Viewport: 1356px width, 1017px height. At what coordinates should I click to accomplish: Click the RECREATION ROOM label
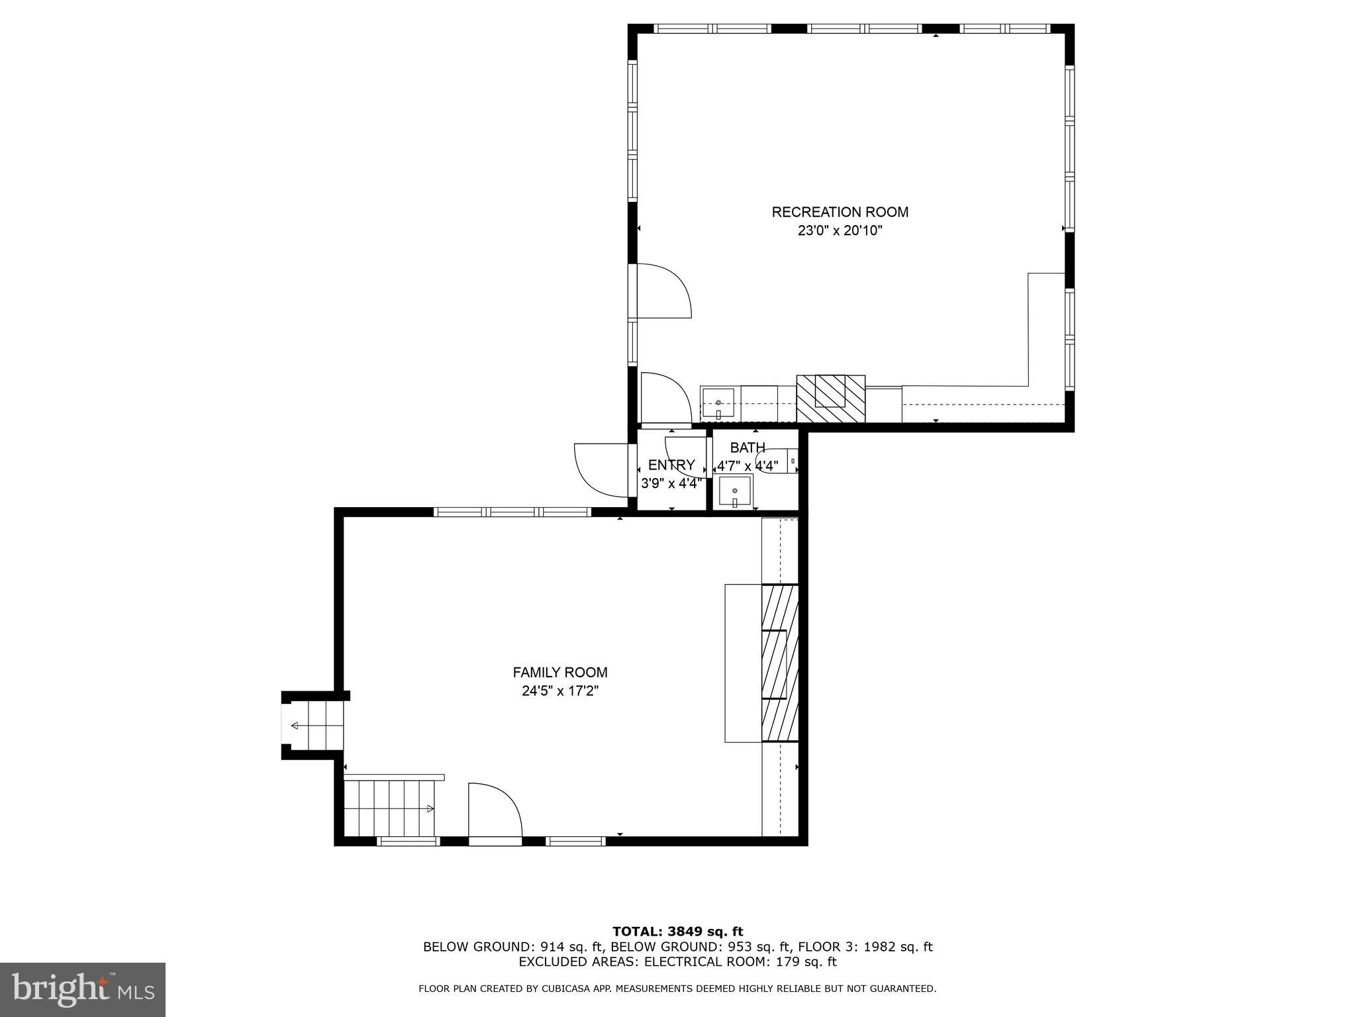(x=840, y=212)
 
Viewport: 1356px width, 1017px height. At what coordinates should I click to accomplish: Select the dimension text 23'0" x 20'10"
(x=840, y=231)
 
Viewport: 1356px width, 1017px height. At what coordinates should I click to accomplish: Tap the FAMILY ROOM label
(x=560, y=672)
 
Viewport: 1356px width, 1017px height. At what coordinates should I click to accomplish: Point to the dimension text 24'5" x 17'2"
(x=560, y=691)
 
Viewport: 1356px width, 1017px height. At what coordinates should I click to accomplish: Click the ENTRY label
(x=671, y=465)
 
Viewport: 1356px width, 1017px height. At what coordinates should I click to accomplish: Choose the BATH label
(x=748, y=448)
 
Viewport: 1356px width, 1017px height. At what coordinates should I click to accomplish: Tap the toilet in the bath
(x=779, y=461)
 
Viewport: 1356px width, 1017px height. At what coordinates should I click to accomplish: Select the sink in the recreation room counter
(x=718, y=403)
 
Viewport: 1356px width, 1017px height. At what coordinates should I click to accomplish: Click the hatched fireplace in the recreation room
(x=830, y=399)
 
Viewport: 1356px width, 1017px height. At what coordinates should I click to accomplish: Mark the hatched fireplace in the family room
(x=780, y=663)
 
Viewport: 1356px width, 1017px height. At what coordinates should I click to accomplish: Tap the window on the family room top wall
(x=512, y=512)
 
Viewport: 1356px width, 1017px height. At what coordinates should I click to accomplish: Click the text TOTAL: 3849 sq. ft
(x=677, y=932)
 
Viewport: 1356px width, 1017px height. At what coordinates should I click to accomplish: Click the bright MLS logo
(x=83, y=989)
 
